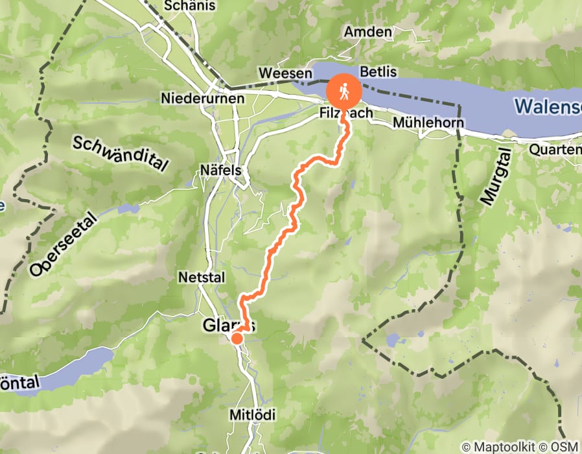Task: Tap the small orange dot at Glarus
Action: coord(237,338)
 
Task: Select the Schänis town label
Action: coord(180,6)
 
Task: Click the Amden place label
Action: coord(368,32)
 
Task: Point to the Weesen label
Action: coord(281,74)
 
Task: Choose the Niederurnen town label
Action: coord(203,99)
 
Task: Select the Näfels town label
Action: coord(220,170)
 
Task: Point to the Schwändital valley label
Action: coord(121,155)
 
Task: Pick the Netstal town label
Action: coord(202,277)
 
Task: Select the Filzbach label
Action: coord(346,113)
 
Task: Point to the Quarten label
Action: coord(555,149)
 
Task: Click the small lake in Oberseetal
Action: coord(128,209)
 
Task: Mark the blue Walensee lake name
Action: coord(548,105)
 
